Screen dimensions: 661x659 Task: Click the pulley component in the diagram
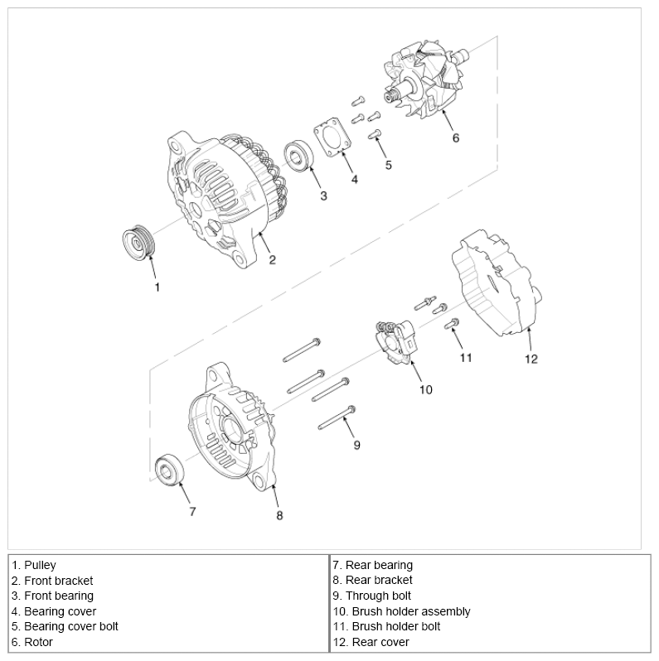[136, 243]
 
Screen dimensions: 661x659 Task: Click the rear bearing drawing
[172, 470]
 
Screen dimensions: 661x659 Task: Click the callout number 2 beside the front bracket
[272, 259]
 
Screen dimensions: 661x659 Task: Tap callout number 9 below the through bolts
[357, 445]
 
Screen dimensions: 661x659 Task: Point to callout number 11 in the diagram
[466, 358]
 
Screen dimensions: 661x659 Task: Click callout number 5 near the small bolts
[388, 165]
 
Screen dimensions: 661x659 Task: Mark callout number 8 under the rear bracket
[279, 514]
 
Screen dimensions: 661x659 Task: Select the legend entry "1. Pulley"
[34, 565]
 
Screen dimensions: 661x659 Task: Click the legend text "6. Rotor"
[32, 642]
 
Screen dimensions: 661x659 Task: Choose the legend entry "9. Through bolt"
[371, 596]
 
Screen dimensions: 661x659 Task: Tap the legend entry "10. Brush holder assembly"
[402, 611]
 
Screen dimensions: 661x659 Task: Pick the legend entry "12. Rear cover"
[371, 642]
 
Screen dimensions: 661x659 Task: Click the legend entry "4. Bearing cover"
[54, 611]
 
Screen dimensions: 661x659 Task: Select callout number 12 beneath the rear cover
[531, 359]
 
